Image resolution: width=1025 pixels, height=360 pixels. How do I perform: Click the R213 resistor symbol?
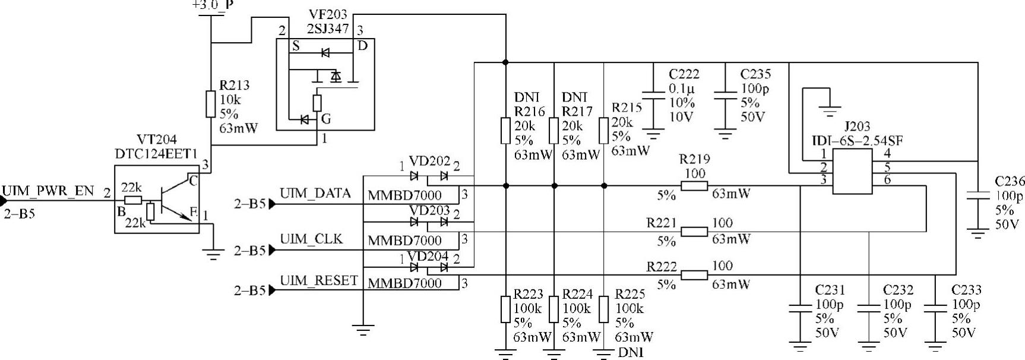210,104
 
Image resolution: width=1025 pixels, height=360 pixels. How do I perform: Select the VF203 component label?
328,14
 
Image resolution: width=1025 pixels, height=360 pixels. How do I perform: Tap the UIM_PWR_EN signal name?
48,191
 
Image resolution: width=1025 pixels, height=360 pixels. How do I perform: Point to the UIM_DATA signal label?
315,193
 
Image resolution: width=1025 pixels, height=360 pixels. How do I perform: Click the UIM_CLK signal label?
311,239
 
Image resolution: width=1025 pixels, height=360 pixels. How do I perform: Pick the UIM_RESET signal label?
319,280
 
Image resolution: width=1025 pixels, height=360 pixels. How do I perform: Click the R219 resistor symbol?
694,187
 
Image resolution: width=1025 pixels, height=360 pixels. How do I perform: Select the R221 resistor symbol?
694,231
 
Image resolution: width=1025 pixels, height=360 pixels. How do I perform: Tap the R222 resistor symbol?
694,275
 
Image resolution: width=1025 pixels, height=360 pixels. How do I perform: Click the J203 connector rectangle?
852,172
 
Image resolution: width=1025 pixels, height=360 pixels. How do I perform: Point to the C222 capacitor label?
684,74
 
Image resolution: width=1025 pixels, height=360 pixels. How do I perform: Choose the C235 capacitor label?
755,74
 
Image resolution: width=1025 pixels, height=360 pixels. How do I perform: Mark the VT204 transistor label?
157,140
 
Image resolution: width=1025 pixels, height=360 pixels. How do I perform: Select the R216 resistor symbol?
505,131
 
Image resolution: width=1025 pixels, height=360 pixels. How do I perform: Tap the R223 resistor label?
529,293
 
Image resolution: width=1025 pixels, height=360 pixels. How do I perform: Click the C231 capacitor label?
830,290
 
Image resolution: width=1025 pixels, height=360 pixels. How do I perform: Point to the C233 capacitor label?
966,290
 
